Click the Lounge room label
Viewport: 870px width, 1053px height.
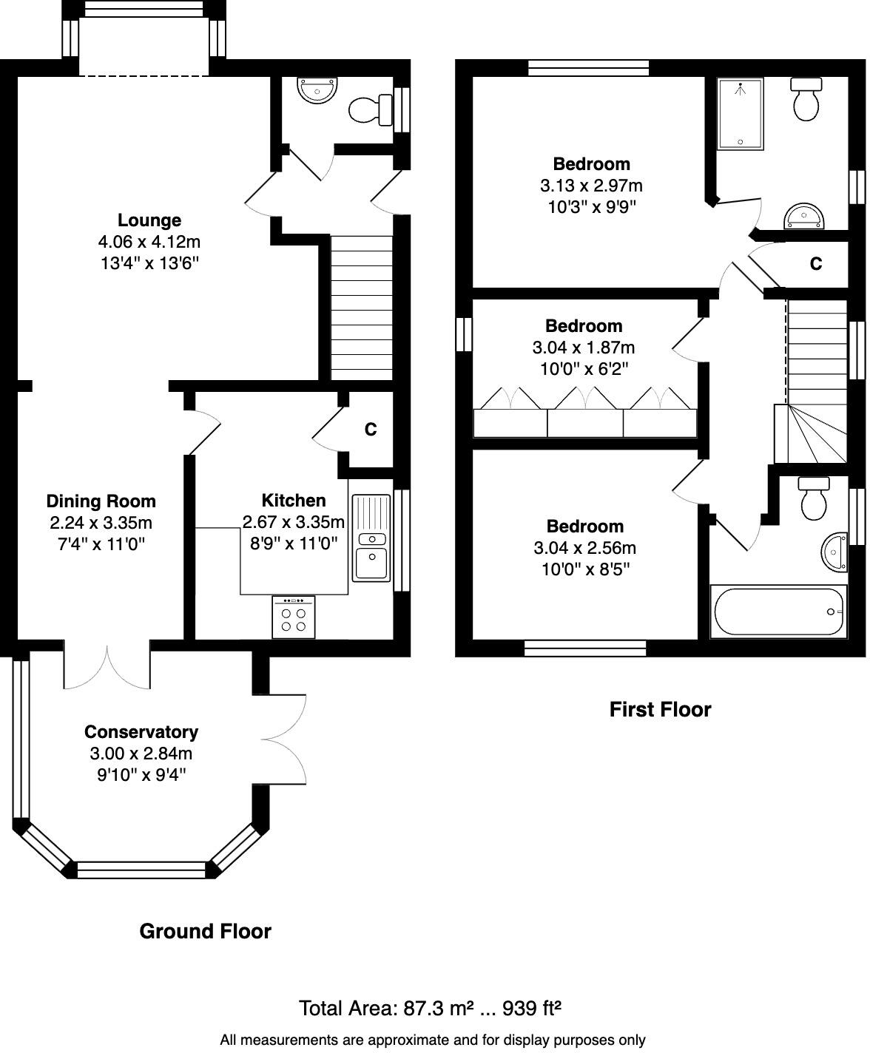(149, 220)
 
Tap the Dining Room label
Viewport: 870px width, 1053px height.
(101, 501)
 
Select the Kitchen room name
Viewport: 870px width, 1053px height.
(294, 501)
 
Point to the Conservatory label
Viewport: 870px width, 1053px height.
(141, 732)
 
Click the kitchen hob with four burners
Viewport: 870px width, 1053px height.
(293, 617)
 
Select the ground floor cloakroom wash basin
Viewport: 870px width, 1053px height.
(317, 91)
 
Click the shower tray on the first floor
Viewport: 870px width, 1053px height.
(740, 114)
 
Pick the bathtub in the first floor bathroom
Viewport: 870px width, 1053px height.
(778, 612)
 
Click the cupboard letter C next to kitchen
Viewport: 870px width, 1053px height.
(371, 430)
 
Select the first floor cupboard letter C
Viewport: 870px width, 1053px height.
(816, 264)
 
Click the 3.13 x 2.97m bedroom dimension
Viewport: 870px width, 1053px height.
(591, 186)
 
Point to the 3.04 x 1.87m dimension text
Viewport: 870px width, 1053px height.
(583, 348)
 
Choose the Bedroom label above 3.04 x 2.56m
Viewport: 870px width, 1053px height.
(584, 526)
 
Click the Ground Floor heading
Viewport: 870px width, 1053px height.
(205, 932)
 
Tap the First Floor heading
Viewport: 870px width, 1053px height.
(660, 710)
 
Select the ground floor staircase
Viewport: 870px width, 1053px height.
(361, 307)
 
